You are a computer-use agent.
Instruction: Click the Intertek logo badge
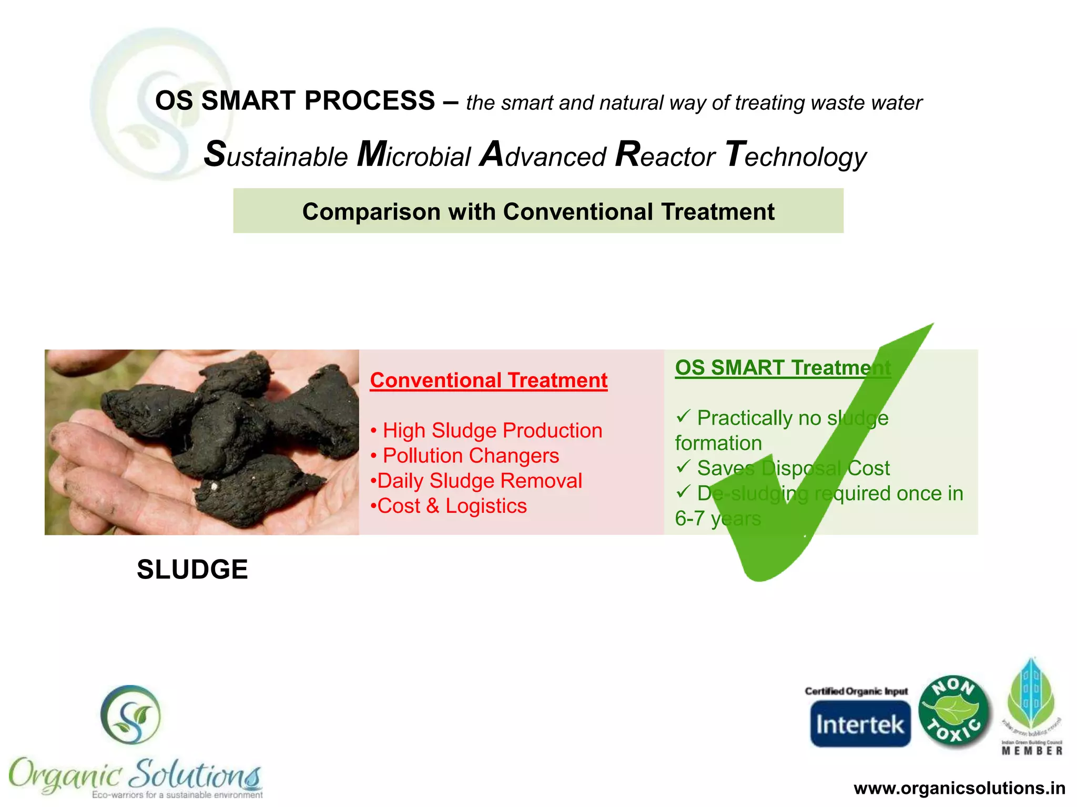[x=860, y=723]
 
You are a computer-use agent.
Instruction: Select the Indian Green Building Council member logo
[x=1031, y=707]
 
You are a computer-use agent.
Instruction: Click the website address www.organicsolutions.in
[x=959, y=788]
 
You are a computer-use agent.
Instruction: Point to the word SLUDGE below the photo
[x=192, y=570]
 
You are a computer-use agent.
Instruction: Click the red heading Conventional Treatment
[x=489, y=380]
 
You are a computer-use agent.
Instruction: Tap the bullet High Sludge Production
[x=492, y=430]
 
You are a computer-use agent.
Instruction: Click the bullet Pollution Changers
[x=471, y=456]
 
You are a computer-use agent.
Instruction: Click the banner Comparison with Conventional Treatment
[x=538, y=211]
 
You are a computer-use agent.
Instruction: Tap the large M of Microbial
[x=372, y=154]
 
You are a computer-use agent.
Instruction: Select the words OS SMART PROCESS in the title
[x=295, y=100]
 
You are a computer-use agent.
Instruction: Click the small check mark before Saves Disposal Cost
[x=683, y=466]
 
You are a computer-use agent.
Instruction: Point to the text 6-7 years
[x=717, y=519]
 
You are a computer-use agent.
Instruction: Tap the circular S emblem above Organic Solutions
[x=130, y=715]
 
